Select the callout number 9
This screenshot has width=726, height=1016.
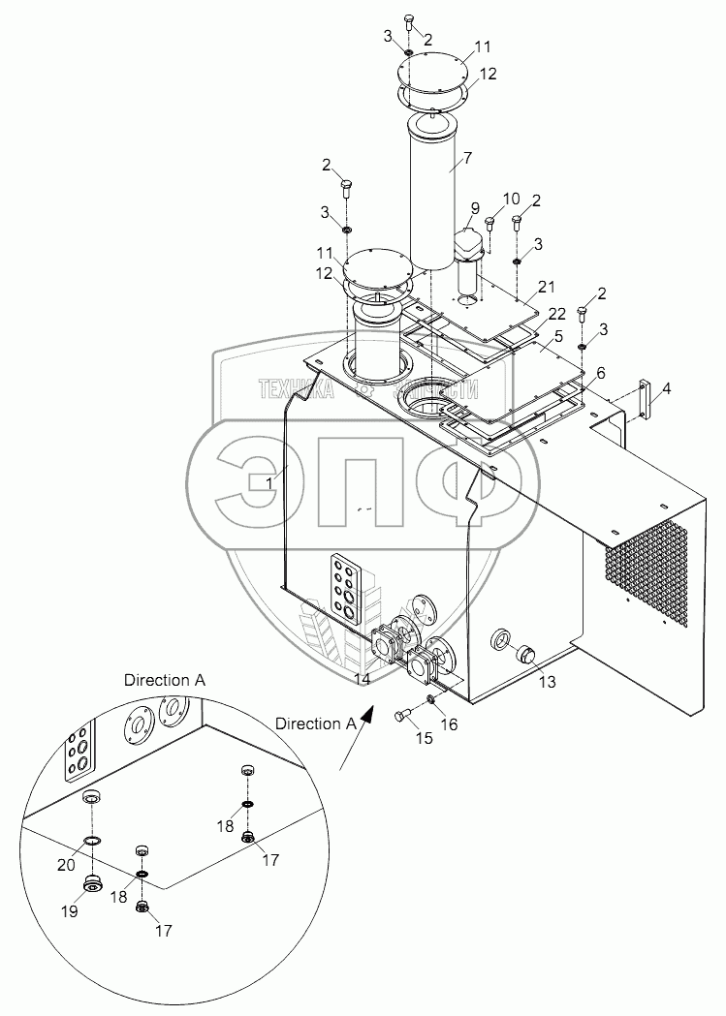click(x=475, y=207)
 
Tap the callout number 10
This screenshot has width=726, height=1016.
click(x=512, y=200)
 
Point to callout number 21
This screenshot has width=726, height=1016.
click(x=548, y=286)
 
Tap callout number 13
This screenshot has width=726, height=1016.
click(x=548, y=683)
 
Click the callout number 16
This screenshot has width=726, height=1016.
click(x=448, y=724)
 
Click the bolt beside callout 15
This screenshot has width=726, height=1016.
click(x=404, y=718)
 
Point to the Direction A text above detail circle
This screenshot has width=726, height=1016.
click(x=164, y=681)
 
